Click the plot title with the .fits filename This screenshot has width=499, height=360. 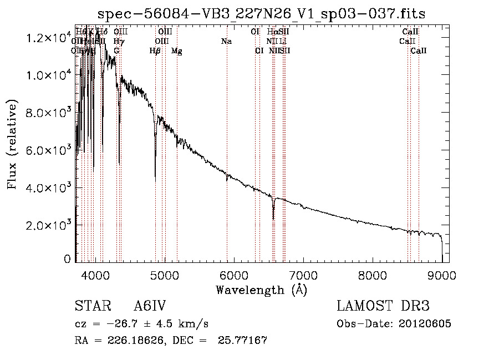tap(261, 14)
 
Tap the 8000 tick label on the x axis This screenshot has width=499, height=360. tap(372, 275)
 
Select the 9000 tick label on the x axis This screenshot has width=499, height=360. tap(442, 275)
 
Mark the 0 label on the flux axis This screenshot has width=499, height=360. tap(67, 259)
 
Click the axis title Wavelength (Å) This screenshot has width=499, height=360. tap(261, 290)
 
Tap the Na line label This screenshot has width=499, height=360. tap(226, 42)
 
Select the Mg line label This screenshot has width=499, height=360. tap(176, 51)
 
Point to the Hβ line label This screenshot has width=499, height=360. tap(155, 51)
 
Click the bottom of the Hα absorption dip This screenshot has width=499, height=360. tap(273, 219)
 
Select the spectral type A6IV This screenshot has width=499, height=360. tap(150, 307)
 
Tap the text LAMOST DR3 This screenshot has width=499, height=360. tap(383, 307)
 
